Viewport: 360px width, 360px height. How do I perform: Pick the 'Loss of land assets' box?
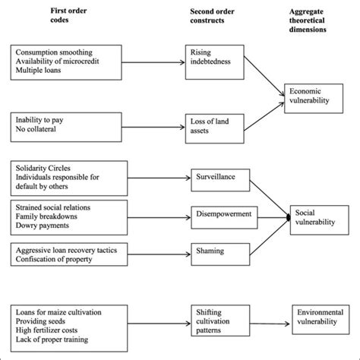point(210,124)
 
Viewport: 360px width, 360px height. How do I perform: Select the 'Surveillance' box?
point(215,179)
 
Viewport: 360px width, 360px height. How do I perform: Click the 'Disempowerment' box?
point(221,216)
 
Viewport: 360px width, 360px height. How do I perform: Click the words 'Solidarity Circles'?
point(47,167)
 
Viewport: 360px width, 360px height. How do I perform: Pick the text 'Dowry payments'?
point(44,225)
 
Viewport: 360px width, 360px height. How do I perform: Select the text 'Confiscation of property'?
point(58,259)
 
